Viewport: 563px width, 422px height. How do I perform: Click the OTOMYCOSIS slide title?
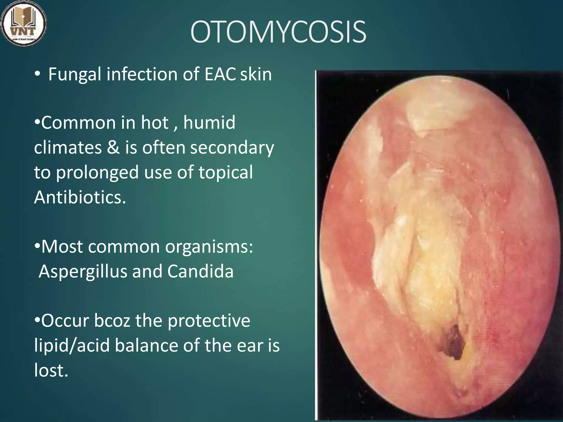click(x=278, y=32)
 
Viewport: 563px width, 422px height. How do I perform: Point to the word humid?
click(x=209, y=123)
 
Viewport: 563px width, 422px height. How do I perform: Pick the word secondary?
click(x=232, y=148)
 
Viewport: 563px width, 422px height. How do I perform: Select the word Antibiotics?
click(x=80, y=197)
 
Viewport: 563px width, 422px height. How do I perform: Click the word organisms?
click(x=209, y=247)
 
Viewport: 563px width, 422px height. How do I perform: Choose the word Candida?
click(x=200, y=271)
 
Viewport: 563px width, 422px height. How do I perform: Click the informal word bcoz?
click(x=112, y=321)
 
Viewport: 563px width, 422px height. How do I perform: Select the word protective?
click(x=209, y=321)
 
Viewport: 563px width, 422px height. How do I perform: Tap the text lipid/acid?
click(x=72, y=346)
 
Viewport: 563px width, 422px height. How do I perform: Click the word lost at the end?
click(x=51, y=370)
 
